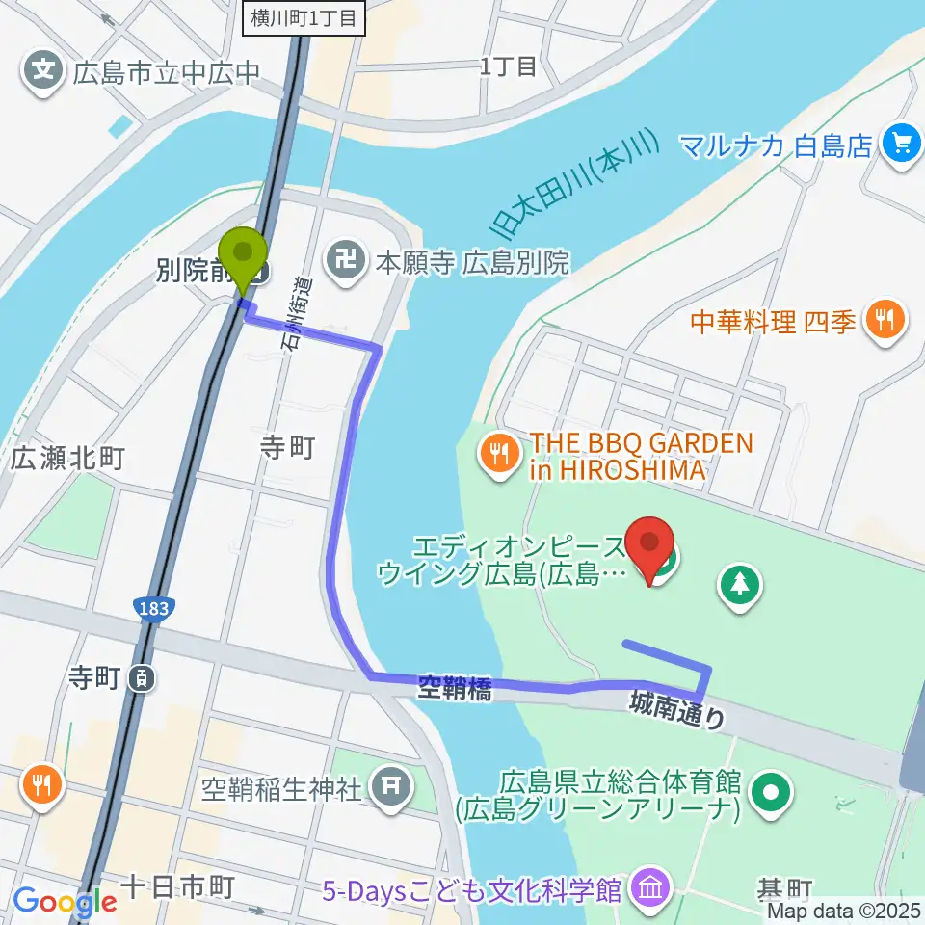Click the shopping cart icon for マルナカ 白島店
pos(901,145)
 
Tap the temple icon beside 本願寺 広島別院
pos(343,260)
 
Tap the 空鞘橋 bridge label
pos(455,689)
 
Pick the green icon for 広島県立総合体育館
pos(772,793)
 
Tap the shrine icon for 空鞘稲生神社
pos(390,786)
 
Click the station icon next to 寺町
pos(143,678)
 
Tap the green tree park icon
pos(740,586)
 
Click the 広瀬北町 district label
pos(67,459)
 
